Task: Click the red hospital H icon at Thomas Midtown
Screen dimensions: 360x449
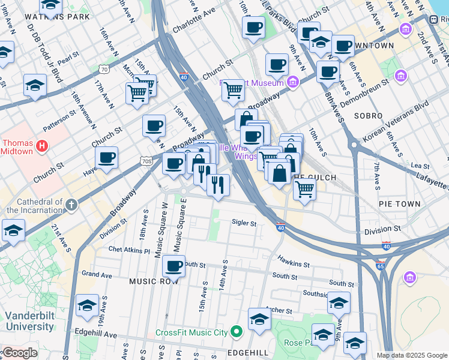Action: click(41, 145)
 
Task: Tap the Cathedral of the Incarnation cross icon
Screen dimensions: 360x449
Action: click(71, 205)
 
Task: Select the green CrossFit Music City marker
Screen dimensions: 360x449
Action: click(236, 332)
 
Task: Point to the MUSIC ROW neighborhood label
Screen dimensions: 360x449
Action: click(154, 281)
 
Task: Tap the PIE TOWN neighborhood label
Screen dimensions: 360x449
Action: click(400, 204)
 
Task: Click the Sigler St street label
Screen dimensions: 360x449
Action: click(244, 224)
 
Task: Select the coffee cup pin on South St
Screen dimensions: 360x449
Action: click(174, 266)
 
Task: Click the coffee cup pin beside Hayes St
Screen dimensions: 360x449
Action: click(106, 158)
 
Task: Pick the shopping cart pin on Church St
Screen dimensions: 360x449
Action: click(233, 90)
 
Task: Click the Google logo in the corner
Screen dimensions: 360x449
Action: click(19, 353)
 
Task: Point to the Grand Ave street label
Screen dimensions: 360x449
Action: click(97, 274)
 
